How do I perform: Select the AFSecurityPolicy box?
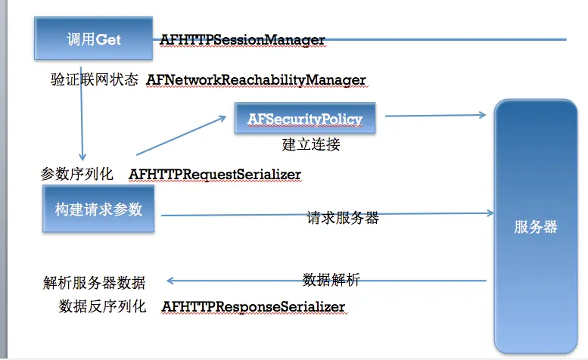point(305,119)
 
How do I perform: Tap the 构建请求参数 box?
point(98,209)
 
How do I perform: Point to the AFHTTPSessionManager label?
point(242,40)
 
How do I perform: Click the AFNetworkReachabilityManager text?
point(256,79)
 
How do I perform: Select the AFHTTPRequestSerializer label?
point(215,174)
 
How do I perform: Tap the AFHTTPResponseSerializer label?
point(253,306)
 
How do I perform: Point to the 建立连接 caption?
point(311,144)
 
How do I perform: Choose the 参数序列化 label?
point(76,174)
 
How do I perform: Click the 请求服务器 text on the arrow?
point(343,218)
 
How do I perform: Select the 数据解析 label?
point(331,280)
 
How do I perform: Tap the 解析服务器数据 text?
point(94,284)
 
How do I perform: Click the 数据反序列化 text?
point(102,306)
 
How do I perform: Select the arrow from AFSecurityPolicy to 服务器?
point(435,116)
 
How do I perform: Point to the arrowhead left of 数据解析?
point(172,281)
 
